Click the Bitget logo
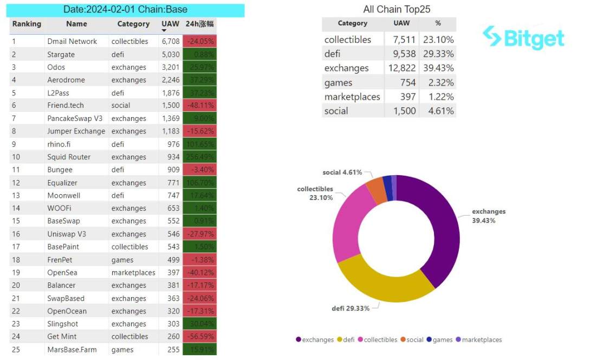coord(523,37)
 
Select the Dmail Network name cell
coord(72,41)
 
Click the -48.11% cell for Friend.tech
coord(199,105)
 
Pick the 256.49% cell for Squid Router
coord(199,157)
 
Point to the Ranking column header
coord(27,24)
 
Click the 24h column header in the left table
coord(199,24)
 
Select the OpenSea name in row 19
coord(62,272)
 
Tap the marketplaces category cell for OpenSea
coord(133,272)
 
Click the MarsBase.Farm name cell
coord(73,350)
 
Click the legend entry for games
coord(439,340)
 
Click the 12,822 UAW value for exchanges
coord(401,68)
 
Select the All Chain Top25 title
coord(397,10)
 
